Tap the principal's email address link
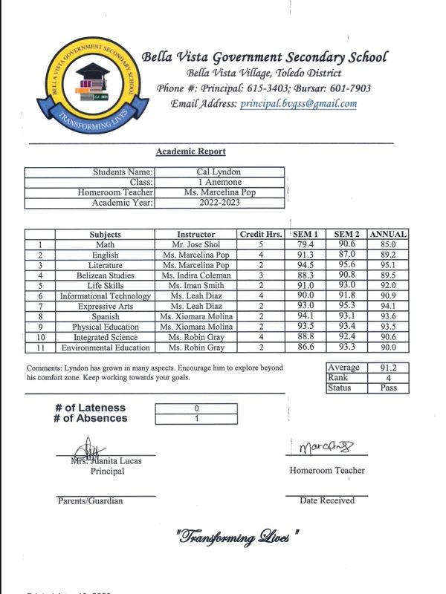[298, 104]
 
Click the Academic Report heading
[190, 151]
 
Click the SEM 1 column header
[305, 235]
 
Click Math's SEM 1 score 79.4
[305, 244]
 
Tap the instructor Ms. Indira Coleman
[195, 275]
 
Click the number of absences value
[196, 418]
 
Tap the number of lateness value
[196, 408]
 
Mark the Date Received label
[327, 500]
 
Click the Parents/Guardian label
[90, 500]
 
